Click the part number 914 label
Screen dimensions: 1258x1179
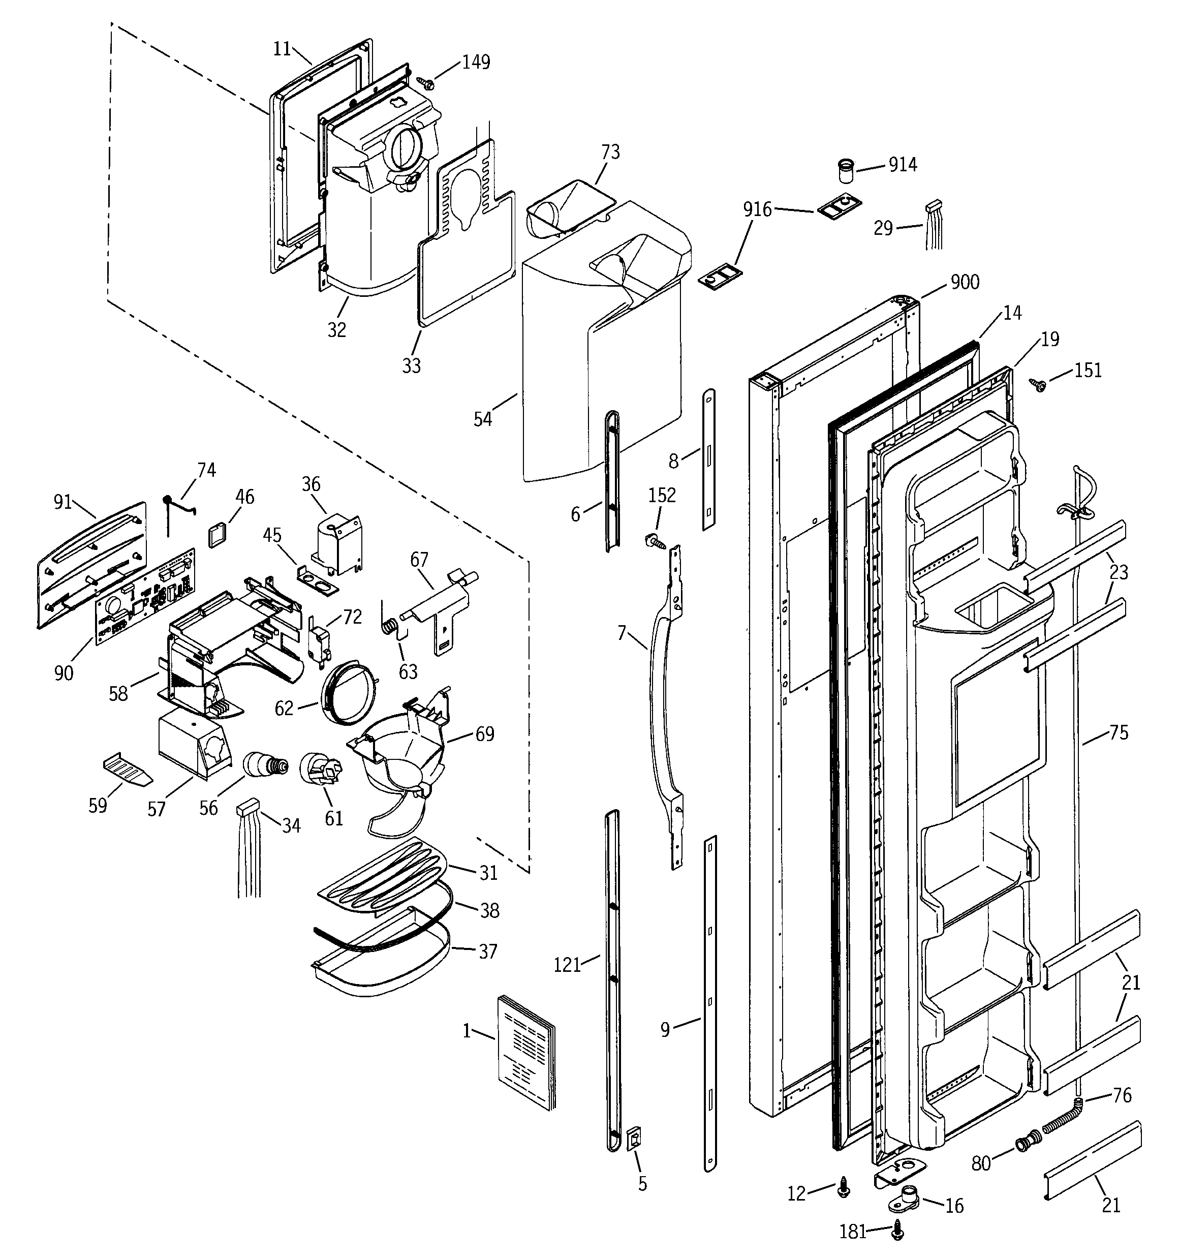(903, 165)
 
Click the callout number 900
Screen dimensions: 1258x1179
(965, 282)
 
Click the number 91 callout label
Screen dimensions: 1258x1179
(63, 503)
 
